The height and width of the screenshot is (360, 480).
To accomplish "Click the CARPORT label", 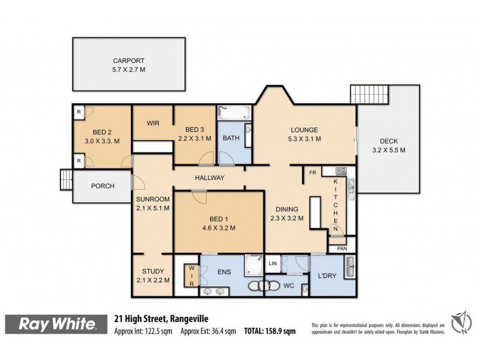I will [129, 61].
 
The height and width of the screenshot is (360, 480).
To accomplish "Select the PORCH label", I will [103, 186].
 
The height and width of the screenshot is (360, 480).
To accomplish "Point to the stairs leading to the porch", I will [65, 179].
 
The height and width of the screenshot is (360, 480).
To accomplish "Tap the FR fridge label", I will [313, 172].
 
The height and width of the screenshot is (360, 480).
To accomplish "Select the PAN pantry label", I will [341, 248].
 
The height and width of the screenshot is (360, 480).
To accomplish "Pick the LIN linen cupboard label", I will [272, 263].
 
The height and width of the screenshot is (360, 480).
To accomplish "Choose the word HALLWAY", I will [209, 178].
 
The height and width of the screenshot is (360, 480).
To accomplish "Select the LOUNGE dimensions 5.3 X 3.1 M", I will [305, 139].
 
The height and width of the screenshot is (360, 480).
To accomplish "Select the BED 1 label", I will [218, 218].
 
